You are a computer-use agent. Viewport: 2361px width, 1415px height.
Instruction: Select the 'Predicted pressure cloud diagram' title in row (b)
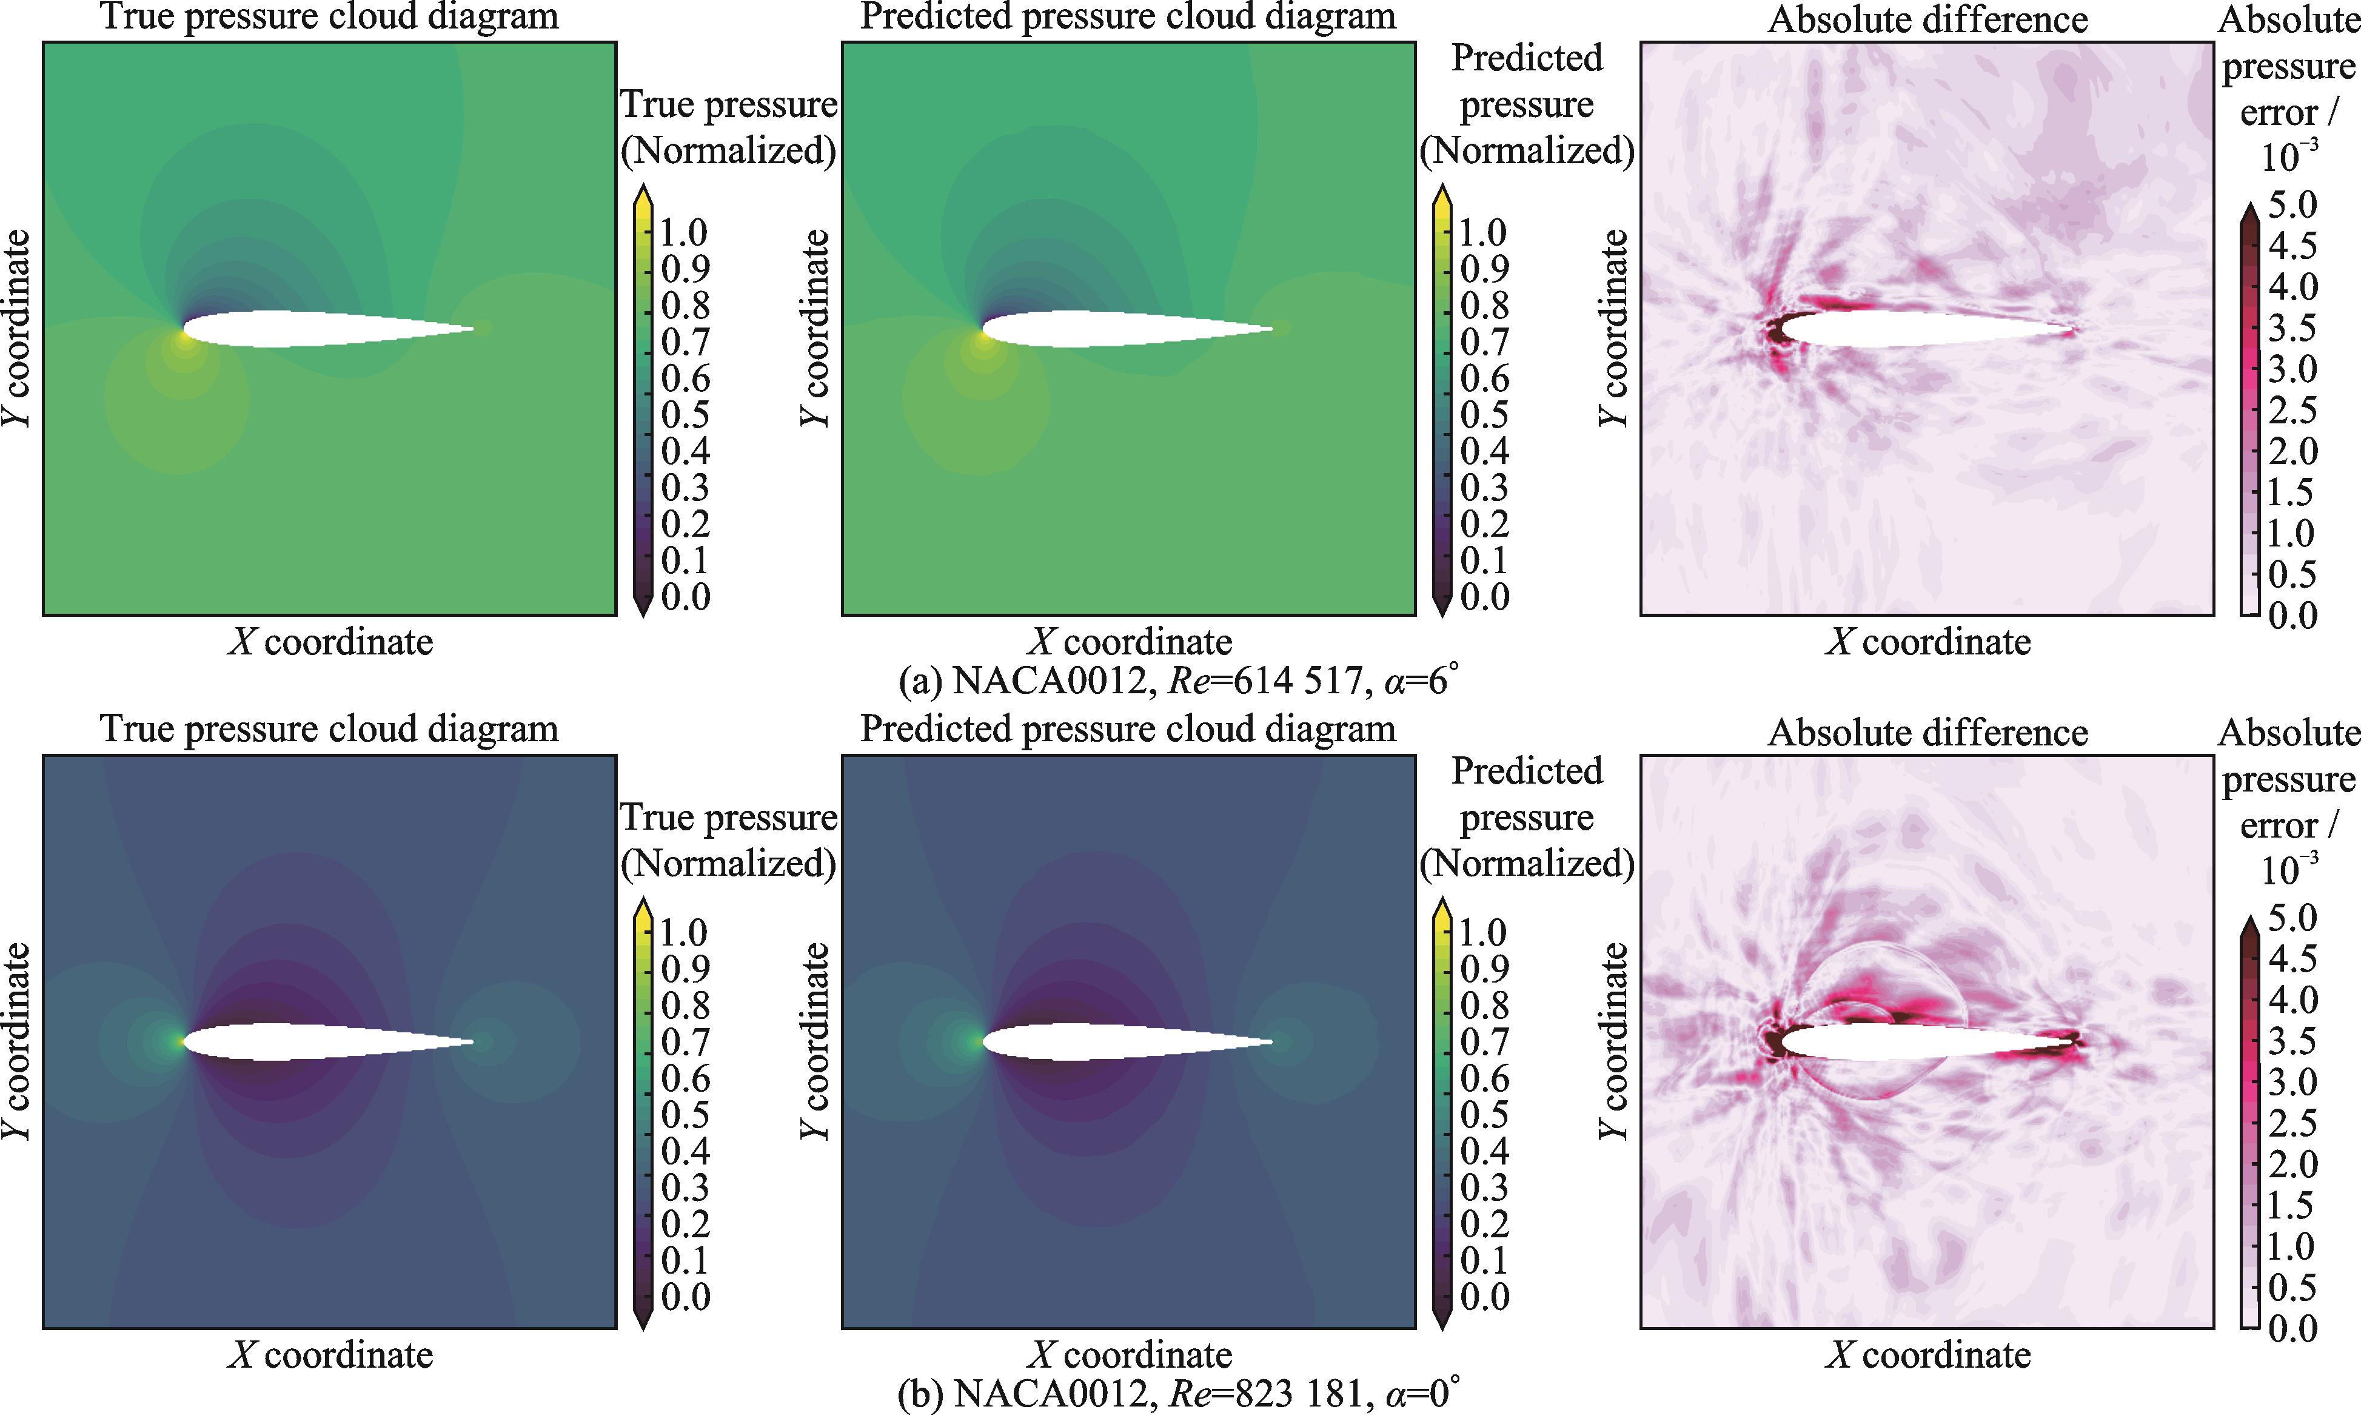pos(1128,730)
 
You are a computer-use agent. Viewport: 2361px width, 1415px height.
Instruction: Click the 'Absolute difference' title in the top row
pos(1927,19)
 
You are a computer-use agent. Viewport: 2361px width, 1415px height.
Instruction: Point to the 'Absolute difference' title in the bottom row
pos(1927,732)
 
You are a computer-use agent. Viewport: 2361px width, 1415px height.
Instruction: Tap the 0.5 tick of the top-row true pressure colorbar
pos(685,415)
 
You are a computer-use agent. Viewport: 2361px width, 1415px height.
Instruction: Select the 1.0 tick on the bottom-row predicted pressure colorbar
pos(1484,932)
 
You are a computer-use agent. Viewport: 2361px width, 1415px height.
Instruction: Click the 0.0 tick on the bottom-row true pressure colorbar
pos(685,1297)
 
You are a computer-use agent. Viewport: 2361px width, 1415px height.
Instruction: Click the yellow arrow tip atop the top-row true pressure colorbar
pos(643,186)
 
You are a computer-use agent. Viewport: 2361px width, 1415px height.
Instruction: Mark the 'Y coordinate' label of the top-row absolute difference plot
pos(1615,329)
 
